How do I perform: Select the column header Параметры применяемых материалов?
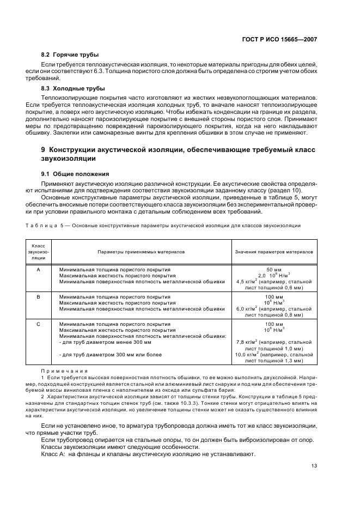tap(141, 252)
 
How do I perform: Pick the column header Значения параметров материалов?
tap(274, 252)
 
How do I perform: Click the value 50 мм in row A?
tap(274, 270)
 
